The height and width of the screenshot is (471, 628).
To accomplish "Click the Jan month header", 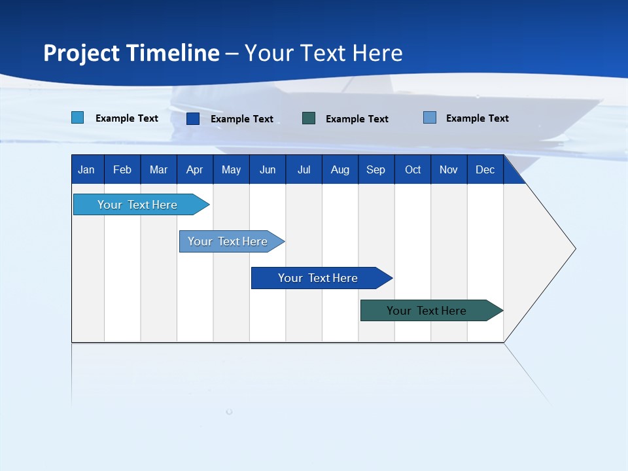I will [86, 169].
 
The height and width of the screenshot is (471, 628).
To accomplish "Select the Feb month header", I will [122, 169].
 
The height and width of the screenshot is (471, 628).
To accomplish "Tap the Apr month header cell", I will [195, 169].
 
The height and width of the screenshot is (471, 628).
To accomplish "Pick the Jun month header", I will [268, 169].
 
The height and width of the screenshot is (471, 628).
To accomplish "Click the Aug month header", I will [340, 169].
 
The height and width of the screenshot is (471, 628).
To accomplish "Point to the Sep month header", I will [376, 169].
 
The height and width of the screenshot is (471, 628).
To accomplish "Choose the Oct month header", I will [413, 169].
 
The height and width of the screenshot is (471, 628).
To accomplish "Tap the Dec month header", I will [485, 169].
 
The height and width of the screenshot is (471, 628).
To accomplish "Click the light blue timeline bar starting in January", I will [137, 205].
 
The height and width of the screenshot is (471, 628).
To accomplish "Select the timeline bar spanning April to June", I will [228, 241].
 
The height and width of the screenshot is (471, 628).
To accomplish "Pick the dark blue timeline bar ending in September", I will [318, 278].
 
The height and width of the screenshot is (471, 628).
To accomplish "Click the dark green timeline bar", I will [427, 311].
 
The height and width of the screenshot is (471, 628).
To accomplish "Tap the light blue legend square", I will [78, 118].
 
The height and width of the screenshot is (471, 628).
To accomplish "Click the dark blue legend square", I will [193, 118].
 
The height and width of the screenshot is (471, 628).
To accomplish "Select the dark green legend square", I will [309, 118].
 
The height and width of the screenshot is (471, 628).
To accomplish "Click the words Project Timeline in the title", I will [131, 53].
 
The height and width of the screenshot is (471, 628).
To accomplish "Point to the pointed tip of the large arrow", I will [574, 248].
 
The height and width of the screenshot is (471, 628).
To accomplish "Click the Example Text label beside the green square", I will [357, 119].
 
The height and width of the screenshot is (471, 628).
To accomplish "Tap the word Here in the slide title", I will [377, 53].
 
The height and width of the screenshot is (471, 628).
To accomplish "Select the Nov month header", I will [449, 169].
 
